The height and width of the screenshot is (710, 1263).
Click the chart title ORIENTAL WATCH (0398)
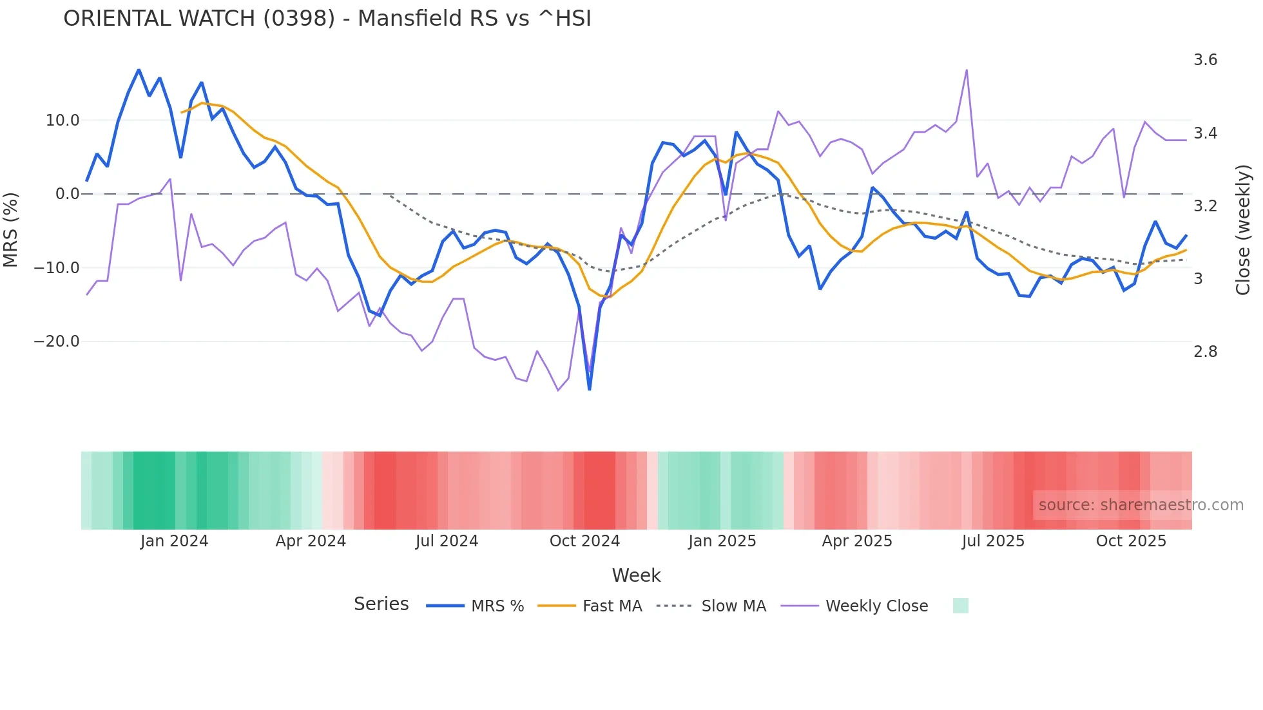pyautogui.click(x=327, y=19)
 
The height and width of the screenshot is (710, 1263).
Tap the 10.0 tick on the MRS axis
pyautogui.click(x=63, y=120)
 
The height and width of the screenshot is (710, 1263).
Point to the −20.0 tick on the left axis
pyautogui.click(x=57, y=341)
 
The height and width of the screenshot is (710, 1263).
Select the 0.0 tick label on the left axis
pyautogui.click(x=67, y=194)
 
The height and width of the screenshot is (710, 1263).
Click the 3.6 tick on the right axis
pyautogui.click(x=1205, y=60)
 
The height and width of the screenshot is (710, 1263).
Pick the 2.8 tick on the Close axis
pyautogui.click(x=1205, y=352)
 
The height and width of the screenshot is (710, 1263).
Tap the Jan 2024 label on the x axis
pyautogui.click(x=174, y=541)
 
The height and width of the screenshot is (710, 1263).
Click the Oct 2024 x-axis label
pyautogui.click(x=584, y=541)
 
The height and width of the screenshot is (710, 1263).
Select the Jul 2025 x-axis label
pyautogui.click(x=993, y=541)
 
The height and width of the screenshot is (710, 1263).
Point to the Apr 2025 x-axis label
pyautogui.click(x=856, y=541)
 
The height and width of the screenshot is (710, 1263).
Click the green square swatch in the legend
pyautogui.click(x=960, y=606)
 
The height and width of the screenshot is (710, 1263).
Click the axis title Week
pyautogui.click(x=636, y=575)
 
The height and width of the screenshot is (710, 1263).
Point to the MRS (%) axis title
pyautogui.click(x=11, y=230)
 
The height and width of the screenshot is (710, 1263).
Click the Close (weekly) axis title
pyautogui.click(x=1243, y=230)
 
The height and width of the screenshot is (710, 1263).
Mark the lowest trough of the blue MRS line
pyautogui.click(x=589, y=389)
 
